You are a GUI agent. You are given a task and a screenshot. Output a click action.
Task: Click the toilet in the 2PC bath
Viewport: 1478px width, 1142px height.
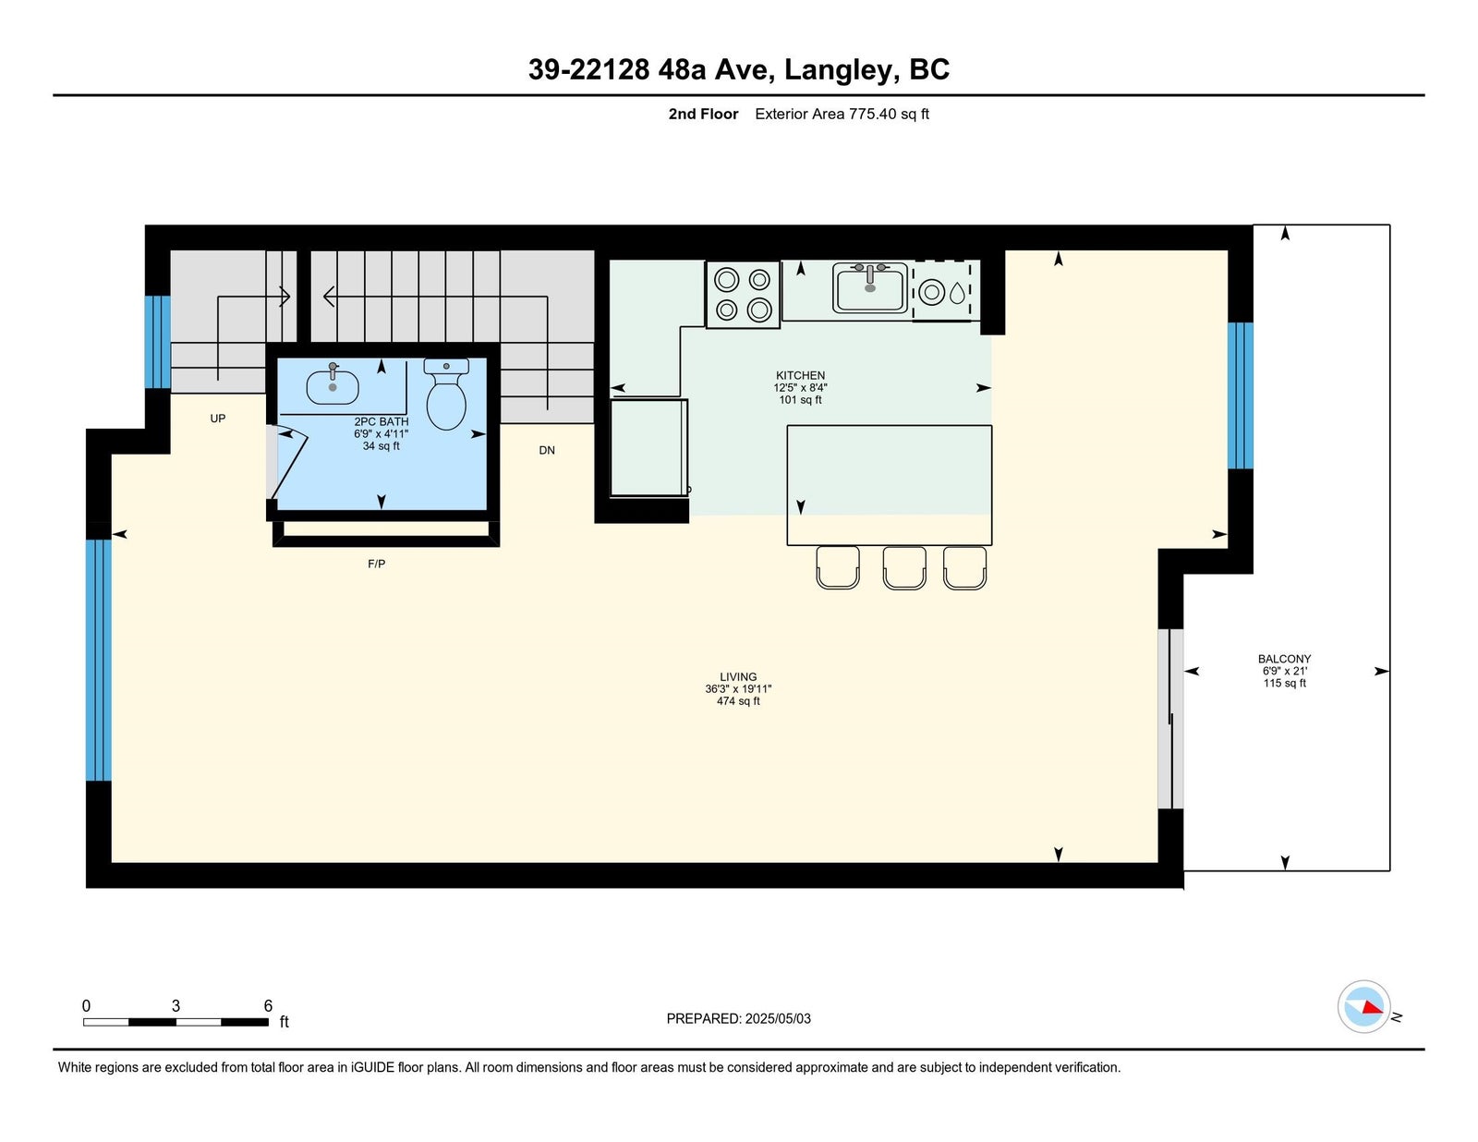click(446, 394)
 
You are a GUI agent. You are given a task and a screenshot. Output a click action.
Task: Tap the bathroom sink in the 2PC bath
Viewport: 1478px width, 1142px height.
click(332, 385)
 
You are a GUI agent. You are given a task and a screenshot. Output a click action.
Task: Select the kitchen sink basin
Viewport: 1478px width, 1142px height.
click(870, 287)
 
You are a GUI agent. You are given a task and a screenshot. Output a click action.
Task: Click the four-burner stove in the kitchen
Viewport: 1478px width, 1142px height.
click(743, 295)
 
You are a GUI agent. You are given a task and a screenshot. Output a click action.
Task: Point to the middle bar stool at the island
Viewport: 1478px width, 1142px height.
click(904, 567)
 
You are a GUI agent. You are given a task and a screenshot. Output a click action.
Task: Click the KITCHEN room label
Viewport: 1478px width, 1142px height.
click(800, 375)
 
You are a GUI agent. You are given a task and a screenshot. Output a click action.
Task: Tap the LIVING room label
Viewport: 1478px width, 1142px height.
click(738, 676)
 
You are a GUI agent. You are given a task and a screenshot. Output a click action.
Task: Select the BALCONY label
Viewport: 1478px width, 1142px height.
click(1284, 659)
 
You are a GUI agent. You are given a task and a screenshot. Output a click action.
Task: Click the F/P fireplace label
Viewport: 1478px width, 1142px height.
click(376, 564)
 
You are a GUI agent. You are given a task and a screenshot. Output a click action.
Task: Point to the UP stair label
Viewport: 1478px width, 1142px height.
click(218, 419)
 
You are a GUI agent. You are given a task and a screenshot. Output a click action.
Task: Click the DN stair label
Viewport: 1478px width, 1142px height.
click(547, 450)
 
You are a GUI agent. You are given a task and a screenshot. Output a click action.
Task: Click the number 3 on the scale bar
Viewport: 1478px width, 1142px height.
click(176, 1006)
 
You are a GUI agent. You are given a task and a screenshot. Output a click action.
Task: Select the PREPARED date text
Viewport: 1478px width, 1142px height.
click(738, 1018)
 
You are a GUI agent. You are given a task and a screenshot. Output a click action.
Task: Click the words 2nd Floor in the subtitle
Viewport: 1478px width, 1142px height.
click(703, 115)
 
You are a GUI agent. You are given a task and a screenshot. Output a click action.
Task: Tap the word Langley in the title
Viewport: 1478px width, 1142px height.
click(837, 69)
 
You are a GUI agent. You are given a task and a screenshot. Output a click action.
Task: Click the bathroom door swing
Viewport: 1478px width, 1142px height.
click(289, 463)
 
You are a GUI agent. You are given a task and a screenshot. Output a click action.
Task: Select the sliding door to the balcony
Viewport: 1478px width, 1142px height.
click(1169, 718)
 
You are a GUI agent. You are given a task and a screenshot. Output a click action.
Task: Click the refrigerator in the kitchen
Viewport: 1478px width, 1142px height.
click(648, 447)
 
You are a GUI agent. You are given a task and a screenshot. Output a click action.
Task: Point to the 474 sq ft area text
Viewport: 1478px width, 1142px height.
click(738, 701)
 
